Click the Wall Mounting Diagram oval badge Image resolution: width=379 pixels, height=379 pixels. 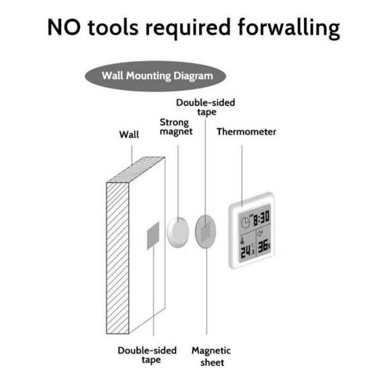tap(156, 76)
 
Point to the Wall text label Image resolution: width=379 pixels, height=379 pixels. tap(129, 135)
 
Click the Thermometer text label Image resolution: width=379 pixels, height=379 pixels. tap(246, 132)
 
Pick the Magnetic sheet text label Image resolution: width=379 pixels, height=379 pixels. tap(211, 356)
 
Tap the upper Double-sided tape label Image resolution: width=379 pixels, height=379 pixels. tap(205, 107)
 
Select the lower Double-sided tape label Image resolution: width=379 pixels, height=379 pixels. tap(147, 355)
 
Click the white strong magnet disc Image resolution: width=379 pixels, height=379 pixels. tap(178, 231)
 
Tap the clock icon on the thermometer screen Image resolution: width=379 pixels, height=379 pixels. tap(245, 222)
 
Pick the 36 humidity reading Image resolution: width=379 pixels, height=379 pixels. tap(263, 244)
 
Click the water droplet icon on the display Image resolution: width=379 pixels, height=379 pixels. tap(260, 233)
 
